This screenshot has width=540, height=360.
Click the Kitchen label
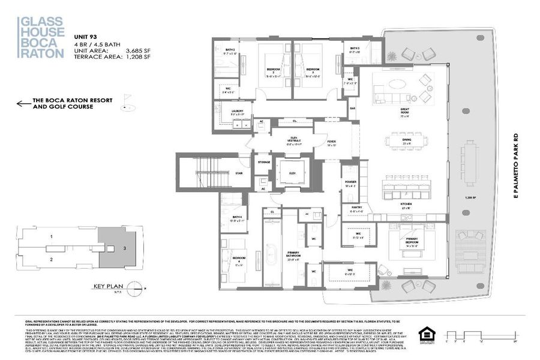[406, 205]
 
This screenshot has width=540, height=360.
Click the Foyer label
[332, 143]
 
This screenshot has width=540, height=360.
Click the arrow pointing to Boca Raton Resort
[24, 104]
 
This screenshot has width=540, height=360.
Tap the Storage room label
[263, 162]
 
